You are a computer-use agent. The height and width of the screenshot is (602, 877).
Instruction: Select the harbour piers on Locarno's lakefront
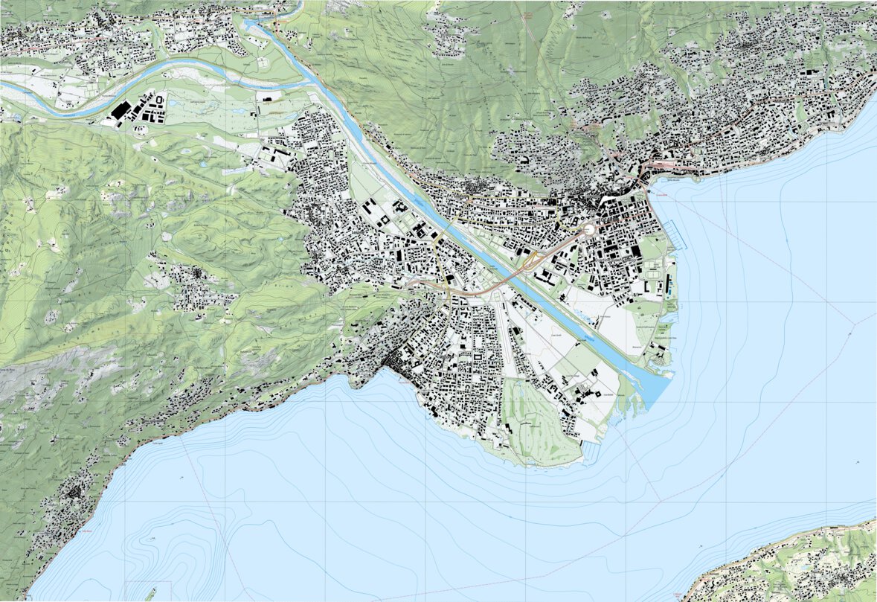coord(676,235)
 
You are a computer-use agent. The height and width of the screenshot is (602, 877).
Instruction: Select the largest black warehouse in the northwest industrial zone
coord(119,110)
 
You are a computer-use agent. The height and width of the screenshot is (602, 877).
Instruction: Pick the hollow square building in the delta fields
coord(594,394)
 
